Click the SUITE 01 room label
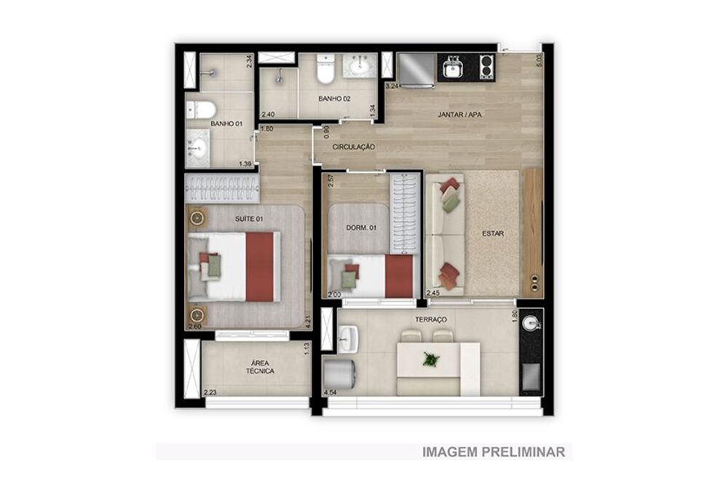click(250, 219)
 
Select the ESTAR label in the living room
click(493, 234)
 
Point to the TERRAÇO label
click(432, 320)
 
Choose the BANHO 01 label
click(226, 124)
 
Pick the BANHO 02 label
click(334, 98)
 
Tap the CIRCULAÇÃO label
click(354, 147)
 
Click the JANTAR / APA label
click(460, 115)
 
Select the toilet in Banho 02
click(325, 71)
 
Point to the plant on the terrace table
click(432, 359)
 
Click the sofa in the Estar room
click(444, 233)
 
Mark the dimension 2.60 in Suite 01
click(194, 327)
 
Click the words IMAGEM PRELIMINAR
click(494, 452)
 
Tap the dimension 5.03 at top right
click(539, 60)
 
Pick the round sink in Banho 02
click(359, 66)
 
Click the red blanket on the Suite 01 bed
click(260, 267)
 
